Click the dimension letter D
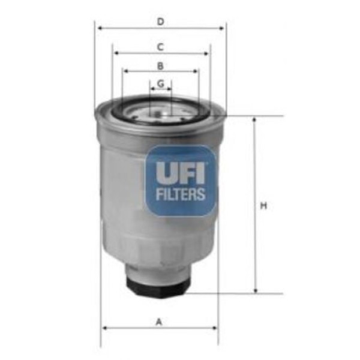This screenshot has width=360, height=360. (x=160, y=22)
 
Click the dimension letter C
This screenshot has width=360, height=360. (x=160, y=46)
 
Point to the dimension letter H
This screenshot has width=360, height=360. (x=263, y=206)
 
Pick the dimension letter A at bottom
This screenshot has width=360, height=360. (x=159, y=322)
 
